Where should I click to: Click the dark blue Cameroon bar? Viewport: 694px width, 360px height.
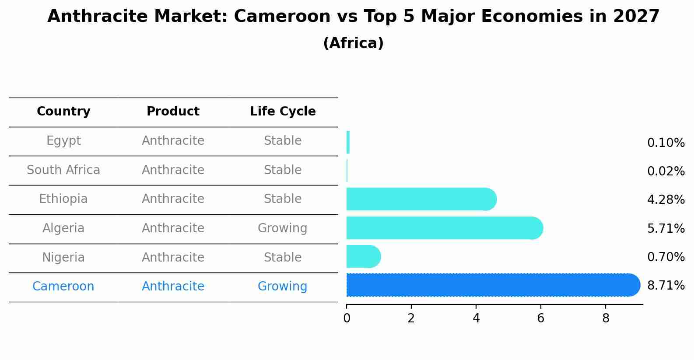click(490, 285)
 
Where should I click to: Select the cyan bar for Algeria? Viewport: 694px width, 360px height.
click(442, 228)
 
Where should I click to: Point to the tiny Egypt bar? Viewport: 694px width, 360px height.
click(348, 142)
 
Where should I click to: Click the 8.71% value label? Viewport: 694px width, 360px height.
click(666, 286)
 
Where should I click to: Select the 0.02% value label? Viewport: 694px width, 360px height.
click(666, 171)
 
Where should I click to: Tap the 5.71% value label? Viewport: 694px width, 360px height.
click(666, 228)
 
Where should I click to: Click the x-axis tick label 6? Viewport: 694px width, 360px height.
click(541, 318)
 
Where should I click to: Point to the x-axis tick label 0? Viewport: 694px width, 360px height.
click(347, 318)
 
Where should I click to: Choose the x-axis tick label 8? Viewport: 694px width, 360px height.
click(606, 318)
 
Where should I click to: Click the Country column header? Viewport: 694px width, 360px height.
click(63, 112)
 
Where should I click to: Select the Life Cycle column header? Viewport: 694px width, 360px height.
click(283, 112)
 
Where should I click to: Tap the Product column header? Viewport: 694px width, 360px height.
click(173, 112)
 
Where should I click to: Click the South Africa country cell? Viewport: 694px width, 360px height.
click(63, 170)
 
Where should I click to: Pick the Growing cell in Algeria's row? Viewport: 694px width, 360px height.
click(282, 228)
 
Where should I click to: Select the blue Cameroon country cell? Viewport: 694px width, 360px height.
click(63, 287)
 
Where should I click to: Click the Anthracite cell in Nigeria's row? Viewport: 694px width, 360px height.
click(173, 258)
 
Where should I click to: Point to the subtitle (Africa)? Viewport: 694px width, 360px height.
click(353, 43)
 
